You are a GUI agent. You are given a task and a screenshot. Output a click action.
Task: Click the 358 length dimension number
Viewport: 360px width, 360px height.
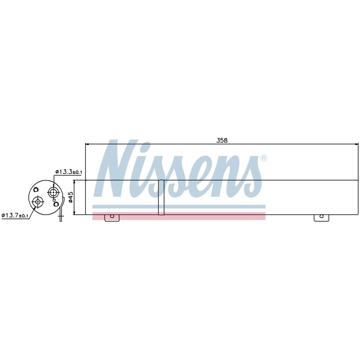pos(222,140)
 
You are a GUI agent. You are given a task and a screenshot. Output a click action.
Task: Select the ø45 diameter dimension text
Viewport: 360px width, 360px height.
pos(71,197)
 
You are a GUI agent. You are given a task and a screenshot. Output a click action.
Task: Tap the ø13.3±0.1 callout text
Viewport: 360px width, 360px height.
pos(68,172)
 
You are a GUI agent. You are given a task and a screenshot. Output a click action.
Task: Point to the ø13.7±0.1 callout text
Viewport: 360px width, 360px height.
pos(15,215)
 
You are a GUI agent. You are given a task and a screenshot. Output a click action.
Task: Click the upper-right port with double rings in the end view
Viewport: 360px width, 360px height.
pos(53,192)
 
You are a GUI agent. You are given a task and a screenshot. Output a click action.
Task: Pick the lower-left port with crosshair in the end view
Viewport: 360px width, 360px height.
pos(38,201)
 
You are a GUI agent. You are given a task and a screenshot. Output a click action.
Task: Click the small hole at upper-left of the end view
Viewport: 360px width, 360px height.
pos(36,190)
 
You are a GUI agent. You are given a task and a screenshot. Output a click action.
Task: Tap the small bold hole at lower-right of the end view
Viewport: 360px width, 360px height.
pos(55,204)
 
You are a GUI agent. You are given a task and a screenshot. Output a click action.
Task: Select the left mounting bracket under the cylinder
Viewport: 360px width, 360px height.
pos(112,218)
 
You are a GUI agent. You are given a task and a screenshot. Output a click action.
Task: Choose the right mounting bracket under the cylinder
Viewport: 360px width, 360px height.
pos(321,218)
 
